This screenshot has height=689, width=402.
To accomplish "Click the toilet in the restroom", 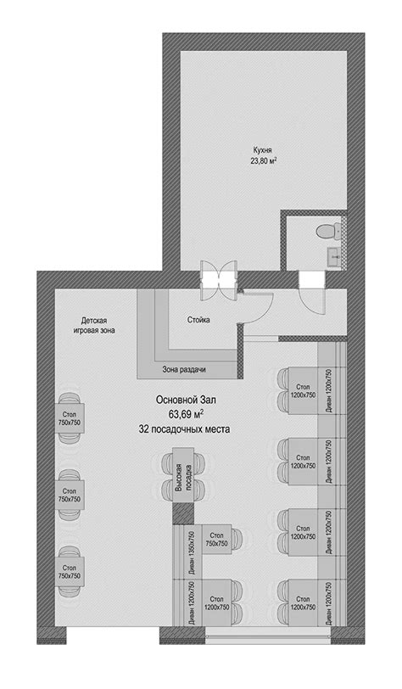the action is click(328, 230).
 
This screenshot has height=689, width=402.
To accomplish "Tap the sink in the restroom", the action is click(334, 253).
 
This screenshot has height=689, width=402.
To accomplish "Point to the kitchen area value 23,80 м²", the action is click(263, 161).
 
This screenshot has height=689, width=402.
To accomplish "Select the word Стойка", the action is click(198, 320).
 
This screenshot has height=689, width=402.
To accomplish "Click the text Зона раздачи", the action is click(184, 370).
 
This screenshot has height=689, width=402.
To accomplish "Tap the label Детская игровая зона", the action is click(94, 325).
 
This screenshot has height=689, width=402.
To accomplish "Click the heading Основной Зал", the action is click(187, 400).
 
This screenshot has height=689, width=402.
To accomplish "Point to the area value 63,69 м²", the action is click(186, 414).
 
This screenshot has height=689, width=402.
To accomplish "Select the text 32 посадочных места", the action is click(184, 429).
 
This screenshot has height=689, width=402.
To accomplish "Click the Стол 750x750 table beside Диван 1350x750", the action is click(216, 540).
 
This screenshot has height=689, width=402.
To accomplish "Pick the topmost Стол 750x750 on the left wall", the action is click(70, 417).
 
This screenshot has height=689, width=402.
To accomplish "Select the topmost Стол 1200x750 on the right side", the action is click(303, 390).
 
